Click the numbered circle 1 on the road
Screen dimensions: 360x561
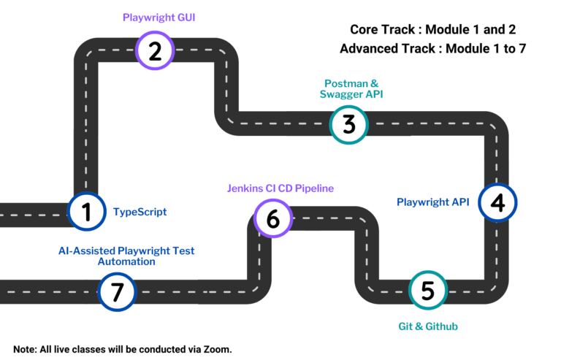pyautogui.click(x=87, y=212)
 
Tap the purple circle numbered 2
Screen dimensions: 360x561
pyautogui.click(x=155, y=51)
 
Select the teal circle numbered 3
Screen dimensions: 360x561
pyautogui.click(x=349, y=125)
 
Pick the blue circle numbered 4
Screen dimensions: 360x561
pyautogui.click(x=497, y=202)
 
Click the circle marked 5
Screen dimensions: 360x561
pyautogui.click(x=428, y=290)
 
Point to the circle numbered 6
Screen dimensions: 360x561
pyautogui.click(x=273, y=218)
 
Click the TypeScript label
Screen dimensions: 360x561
pyautogui.click(x=140, y=212)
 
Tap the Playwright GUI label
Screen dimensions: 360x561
pyautogui.click(x=155, y=16)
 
